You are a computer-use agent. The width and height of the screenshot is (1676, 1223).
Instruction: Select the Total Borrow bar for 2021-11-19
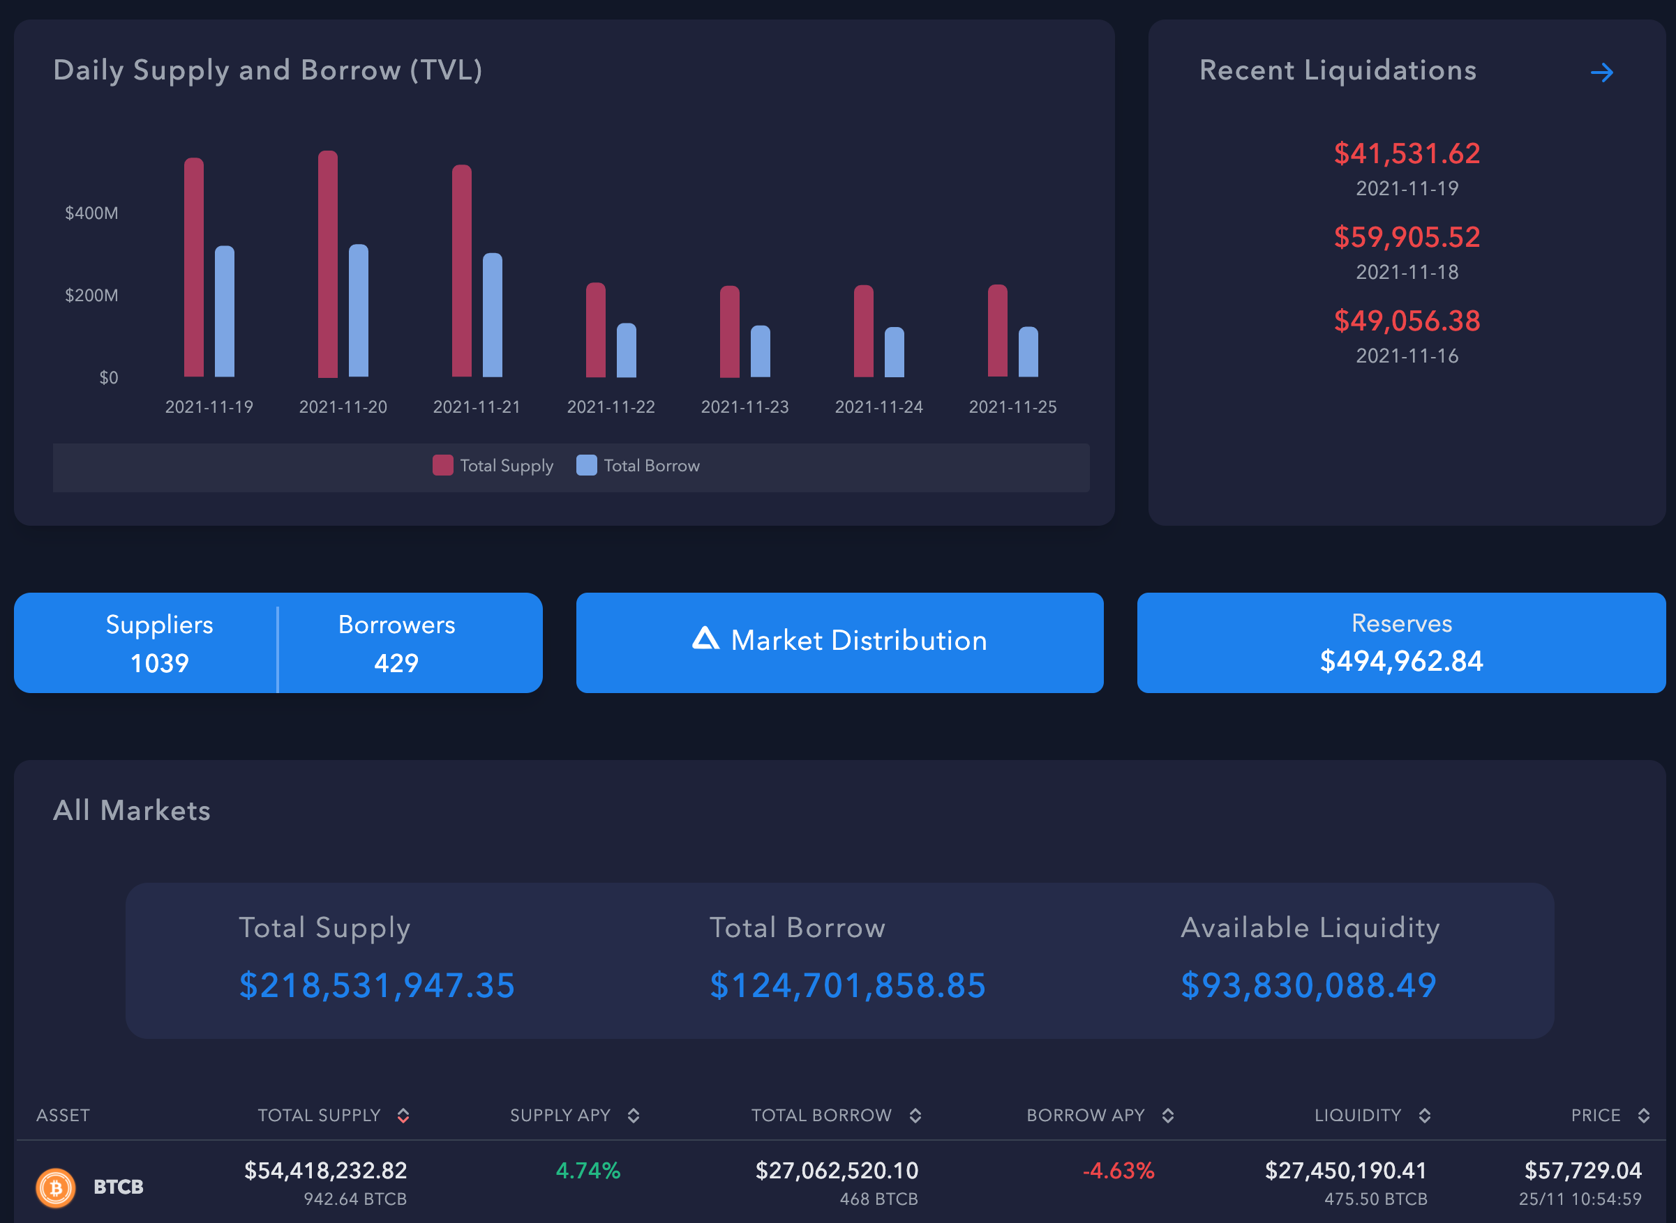click(225, 312)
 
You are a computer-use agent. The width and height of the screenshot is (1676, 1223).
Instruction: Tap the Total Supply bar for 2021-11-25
click(997, 331)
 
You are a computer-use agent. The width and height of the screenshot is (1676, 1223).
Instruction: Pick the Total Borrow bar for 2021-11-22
click(626, 350)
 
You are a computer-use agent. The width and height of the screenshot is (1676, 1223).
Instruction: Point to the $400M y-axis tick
click(91, 213)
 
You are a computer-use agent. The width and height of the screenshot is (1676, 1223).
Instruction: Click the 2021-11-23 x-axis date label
click(745, 407)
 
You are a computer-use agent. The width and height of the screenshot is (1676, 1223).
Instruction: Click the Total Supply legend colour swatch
click(442, 466)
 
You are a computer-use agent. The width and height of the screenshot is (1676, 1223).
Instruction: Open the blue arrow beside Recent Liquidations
click(1601, 73)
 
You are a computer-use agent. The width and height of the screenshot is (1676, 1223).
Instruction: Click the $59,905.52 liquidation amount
click(1407, 237)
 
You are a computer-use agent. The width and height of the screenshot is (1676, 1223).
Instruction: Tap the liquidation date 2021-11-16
click(1407, 356)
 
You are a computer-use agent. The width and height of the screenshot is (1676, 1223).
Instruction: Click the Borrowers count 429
click(396, 662)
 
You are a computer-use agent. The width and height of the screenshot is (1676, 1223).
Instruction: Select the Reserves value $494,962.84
click(1401, 661)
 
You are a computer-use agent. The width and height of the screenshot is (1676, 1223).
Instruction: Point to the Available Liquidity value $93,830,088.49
click(1308, 985)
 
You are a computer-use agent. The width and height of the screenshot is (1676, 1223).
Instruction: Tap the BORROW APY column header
click(1085, 1116)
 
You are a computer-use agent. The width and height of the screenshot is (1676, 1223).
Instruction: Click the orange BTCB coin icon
click(56, 1187)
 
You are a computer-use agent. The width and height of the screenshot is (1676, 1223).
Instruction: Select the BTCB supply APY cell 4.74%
click(588, 1171)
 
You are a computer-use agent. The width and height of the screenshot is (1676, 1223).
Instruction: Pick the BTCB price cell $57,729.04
click(1582, 1171)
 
